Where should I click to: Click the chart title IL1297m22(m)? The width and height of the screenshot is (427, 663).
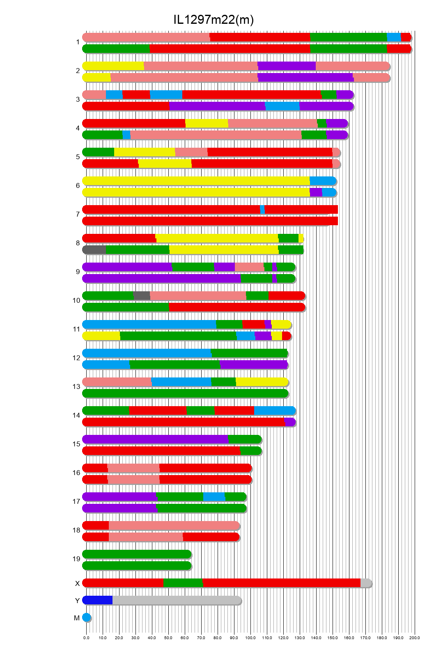213,19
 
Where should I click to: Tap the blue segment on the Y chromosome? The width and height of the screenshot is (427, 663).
98,600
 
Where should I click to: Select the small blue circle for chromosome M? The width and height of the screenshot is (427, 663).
86,617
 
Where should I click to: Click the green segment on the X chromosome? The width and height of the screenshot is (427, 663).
183,583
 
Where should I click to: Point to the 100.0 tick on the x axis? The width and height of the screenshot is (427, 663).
250,638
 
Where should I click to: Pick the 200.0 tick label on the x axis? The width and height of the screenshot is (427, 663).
415,638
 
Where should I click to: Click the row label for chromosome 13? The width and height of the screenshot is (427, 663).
76,386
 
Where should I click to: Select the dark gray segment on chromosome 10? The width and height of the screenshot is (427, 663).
142,296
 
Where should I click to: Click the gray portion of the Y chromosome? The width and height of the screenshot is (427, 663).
177,600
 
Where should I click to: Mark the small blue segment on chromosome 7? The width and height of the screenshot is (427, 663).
262,210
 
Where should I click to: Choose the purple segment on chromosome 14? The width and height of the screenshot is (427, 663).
290,422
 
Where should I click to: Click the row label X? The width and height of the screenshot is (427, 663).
77,583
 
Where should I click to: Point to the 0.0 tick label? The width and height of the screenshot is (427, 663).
86,638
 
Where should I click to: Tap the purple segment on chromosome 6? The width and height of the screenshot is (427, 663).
316,192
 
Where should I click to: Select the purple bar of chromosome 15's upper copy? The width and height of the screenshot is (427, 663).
155,439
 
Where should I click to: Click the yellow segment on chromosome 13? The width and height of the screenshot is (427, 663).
262,382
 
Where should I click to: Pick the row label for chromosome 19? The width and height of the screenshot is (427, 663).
76,559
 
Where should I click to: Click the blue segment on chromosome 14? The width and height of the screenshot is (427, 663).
274,411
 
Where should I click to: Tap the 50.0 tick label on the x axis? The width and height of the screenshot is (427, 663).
168,638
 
